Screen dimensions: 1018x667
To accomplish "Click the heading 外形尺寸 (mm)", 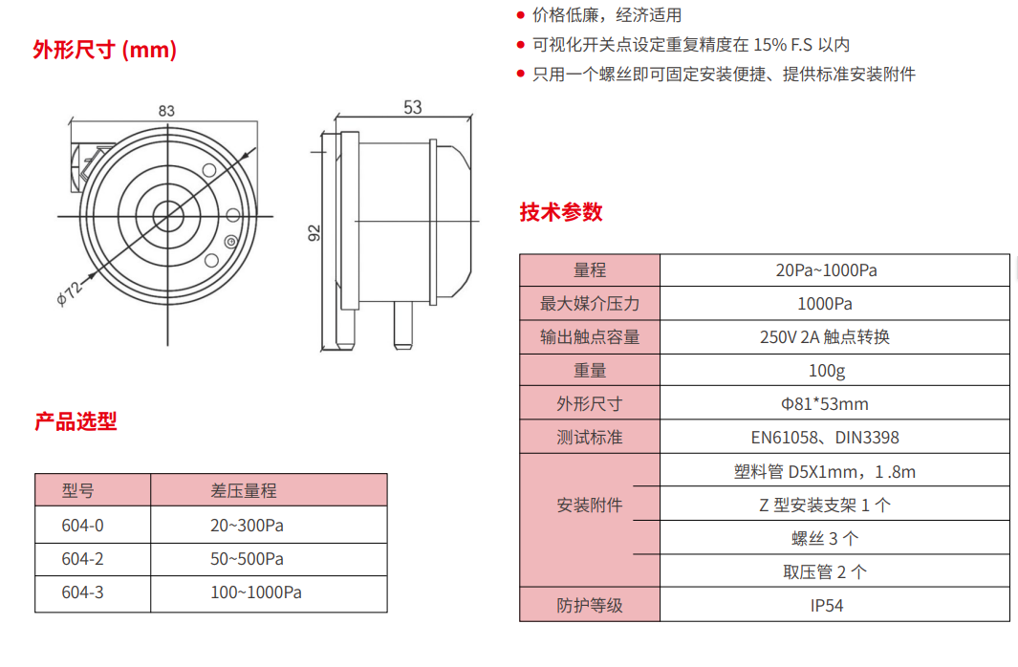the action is click(104, 50).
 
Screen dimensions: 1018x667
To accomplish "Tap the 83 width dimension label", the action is click(166, 111).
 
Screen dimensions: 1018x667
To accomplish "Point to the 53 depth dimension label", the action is click(413, 107).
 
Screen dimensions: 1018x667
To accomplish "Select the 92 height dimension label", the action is click(314, 233).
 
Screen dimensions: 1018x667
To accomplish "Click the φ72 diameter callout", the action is click(70, 292).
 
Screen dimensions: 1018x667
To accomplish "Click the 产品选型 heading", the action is click(76, 421).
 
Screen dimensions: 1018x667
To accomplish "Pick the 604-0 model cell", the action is click(82, 526).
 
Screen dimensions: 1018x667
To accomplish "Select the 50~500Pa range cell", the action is click(247, 559).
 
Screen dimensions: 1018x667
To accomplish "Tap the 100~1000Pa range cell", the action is click(256, 592).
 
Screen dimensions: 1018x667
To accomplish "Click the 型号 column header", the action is click(78, 490).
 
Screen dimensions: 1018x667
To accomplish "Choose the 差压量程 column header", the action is click(244, 490).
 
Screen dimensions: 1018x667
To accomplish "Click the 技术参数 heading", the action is click(561, 212).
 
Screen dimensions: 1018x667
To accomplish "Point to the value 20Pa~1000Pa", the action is click(827, 270).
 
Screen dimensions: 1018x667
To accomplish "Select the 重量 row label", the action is click(590, 371).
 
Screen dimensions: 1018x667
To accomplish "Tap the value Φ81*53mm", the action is click(825, 404).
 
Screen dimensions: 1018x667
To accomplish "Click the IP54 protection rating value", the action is click(827, 606).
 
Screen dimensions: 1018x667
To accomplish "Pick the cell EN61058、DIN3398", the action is click(825, 438).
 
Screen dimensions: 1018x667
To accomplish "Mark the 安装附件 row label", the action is click(590, 505).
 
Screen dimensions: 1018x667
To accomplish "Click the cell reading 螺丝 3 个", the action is click(825, 539).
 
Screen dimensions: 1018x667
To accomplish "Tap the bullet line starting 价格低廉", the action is click(599, 15).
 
